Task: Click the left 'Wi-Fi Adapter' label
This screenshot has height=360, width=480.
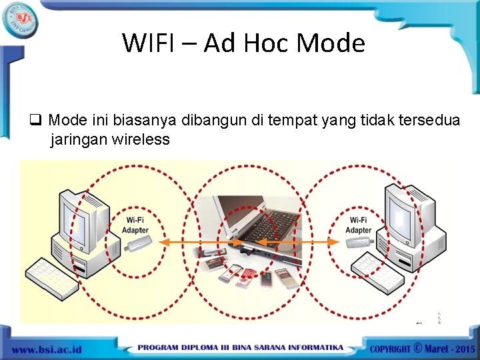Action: [135, 225]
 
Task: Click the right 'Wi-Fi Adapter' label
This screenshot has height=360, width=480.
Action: [358, 225]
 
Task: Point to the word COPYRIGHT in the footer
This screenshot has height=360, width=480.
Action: [389, 349]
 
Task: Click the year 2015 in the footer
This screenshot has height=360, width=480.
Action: [462, 349]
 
